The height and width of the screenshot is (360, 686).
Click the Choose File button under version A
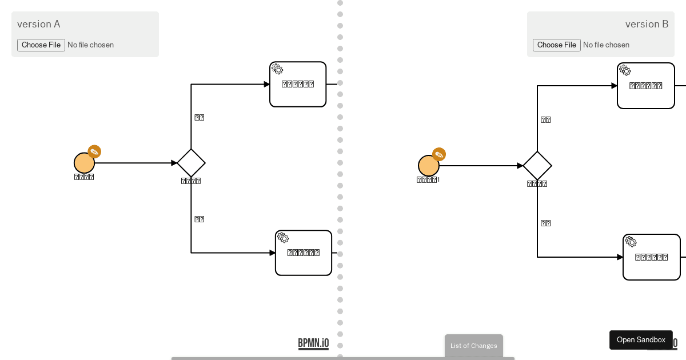pyautogui.click(x=41, y=45)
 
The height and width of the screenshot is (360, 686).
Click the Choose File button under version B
pyautogui.click(x=557, y=45)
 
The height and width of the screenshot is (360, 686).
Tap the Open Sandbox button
pyautogui.click(x=641, y=340)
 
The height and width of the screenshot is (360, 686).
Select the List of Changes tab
pyautogui.click(x=474, y=346)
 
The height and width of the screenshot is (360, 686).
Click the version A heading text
pyautogui.click(x=39, y=24)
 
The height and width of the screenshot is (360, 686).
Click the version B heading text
pyautogui.click(x=647, y=24)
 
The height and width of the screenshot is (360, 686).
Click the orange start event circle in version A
pyautogui.click(x=84, y=163)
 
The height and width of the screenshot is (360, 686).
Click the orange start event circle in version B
pyautogui.click(x=428, y=166)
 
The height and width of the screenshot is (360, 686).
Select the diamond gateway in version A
pyautogui.click(x=191, y=163)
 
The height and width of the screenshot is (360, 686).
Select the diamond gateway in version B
pyautogui.click(x=537, y=166)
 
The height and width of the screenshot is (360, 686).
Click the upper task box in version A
pyautogui.click(x=298, y=85)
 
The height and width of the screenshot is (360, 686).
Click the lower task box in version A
pyautogui.click(x=304, y=253)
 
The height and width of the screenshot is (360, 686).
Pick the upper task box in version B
pyautogui.click(x=646, y=86)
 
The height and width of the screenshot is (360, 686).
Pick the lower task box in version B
pyautogui.click(x=652, y=257)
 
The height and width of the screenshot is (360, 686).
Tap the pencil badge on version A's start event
pyautogui.click(x=94, y=151)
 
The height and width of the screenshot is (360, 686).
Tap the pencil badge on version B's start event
pyautogui.click(x=439, y=154)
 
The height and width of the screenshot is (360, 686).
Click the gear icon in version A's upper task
pyautogui.click(x=277, y=69)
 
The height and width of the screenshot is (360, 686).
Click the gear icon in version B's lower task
pyautogui.click(x=631, y=241)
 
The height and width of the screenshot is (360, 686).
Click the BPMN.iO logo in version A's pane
pyautogui.click(x=313, y=343)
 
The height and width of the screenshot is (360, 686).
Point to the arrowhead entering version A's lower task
pyautogui.click(x=273, y=253)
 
